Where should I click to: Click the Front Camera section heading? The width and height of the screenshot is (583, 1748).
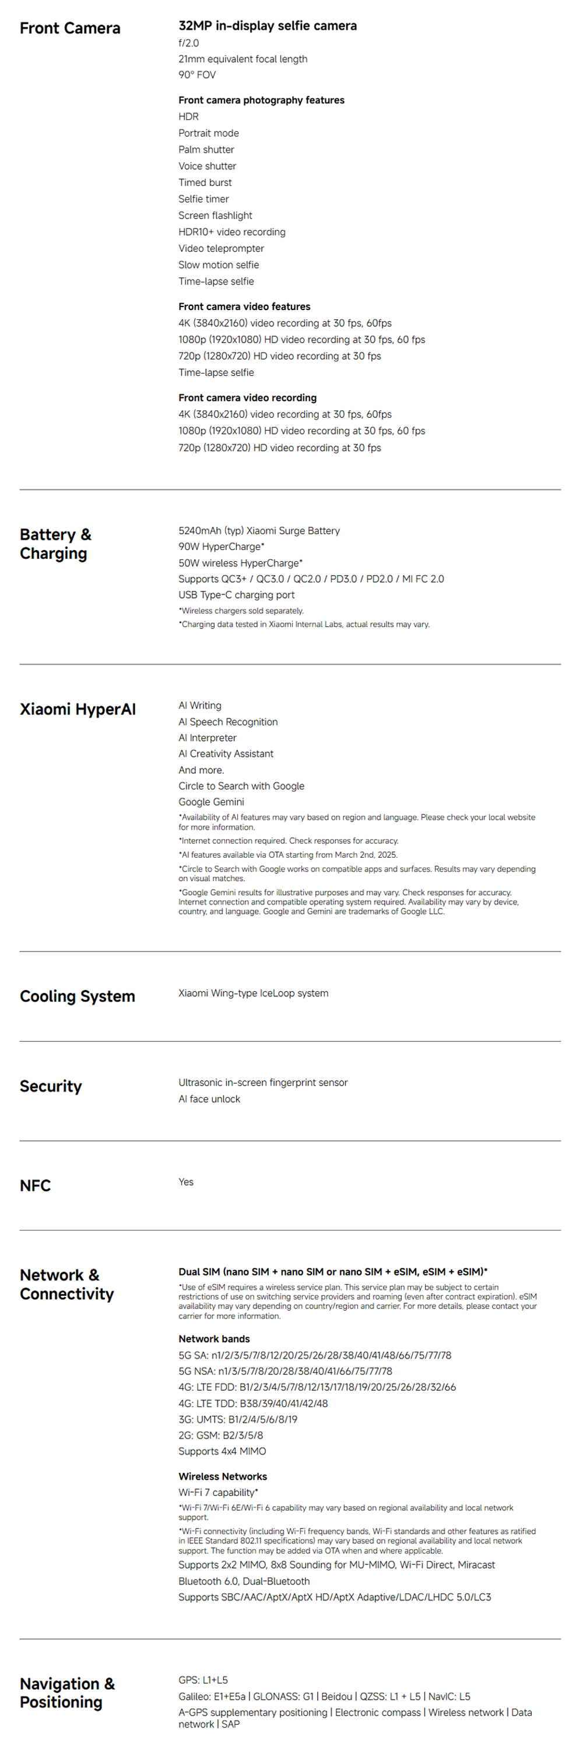pos(70,29)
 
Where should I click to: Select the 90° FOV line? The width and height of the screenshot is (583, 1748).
pos(197,75)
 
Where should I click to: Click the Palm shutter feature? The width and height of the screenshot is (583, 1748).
pos(206,150)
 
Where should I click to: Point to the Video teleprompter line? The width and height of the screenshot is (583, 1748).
pos(222,249)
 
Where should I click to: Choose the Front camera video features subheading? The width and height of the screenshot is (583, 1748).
pos(244,306)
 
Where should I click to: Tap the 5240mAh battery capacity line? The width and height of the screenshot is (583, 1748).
pos(259,531)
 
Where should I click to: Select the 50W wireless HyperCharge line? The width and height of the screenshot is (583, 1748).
pos(240,563)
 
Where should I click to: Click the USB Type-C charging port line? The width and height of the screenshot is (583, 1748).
pos(236,595)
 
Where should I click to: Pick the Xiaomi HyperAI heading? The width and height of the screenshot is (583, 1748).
pos(78,710)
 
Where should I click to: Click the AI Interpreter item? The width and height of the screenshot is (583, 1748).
pos(208,738)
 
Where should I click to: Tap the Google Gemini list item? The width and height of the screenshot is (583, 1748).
pos(211,802)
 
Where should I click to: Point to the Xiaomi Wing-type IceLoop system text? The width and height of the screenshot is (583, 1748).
pos(253,993)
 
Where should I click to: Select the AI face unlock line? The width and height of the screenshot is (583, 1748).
pos(209,1099)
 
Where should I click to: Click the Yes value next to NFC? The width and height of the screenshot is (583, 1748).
pos(186,1182)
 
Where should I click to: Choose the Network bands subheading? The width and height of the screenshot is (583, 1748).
pos(214,1339)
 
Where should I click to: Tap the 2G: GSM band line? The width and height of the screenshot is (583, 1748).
pos(220,1435)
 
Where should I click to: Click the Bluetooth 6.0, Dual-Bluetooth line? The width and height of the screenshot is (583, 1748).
pos(244,1581)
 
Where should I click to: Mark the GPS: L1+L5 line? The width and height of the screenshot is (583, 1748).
pos(203,1680)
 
